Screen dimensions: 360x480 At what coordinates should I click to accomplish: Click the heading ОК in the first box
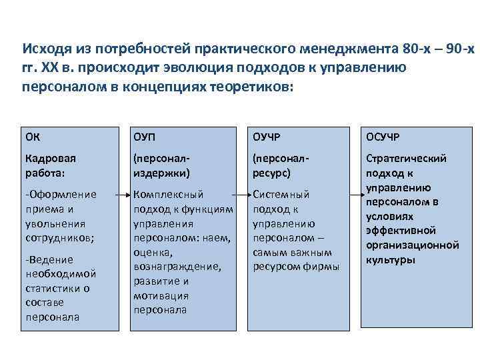[31, 137]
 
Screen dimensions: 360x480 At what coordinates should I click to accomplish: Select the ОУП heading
[144, 137]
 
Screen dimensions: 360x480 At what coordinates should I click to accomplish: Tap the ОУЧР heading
[266, 137]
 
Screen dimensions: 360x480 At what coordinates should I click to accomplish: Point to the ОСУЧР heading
[384, 137]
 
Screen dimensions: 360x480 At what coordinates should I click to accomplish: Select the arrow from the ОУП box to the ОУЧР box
[243, 195]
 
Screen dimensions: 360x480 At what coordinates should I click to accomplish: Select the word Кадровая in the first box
[51, 159]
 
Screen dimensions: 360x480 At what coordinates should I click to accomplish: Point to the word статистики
[54, 288]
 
